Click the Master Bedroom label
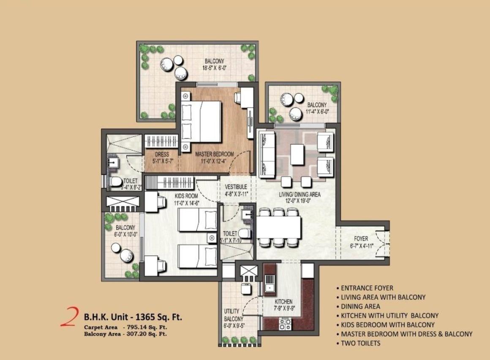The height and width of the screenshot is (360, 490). tap(214, 154)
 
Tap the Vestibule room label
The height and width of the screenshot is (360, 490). tap(236, 187)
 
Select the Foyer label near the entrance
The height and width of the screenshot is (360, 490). tap(361, 238)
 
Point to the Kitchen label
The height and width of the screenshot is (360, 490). tap(283, 302)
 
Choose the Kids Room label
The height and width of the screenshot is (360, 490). tap(186, 196)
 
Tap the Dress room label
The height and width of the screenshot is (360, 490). tap(162, 154)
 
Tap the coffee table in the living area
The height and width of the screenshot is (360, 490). tap(297, 154)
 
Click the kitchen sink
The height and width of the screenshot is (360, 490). tap(269, 282)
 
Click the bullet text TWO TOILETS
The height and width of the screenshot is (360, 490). tap(361, 343)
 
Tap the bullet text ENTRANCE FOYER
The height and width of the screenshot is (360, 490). tap(367, 288)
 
